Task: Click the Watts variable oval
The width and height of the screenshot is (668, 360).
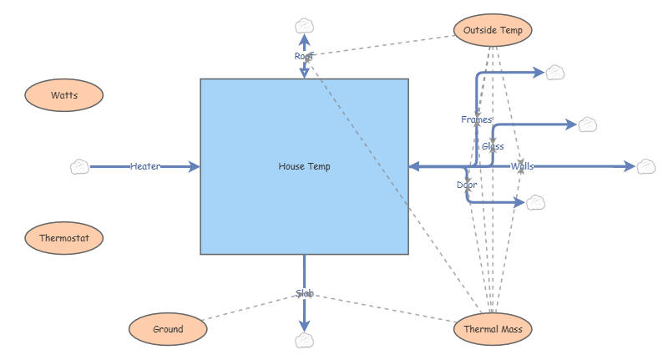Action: click(x=64, y=95)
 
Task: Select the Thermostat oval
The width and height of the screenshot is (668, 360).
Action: click(x=64, y=238)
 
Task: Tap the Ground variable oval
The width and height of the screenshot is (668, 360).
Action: click(x=168, y=329)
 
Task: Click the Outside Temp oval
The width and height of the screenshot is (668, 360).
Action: click(x=493, y=31)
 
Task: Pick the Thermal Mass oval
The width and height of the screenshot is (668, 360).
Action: click(x=493, y=329)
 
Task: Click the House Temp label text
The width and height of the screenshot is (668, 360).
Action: click(x=304, y=166)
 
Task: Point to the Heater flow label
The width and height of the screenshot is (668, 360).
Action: click(x=145, y=166)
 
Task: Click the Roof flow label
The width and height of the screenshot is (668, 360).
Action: click(x=304, y=56)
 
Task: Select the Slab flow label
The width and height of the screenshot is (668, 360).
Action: click(x=304, y=293)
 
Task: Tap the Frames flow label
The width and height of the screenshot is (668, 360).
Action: click(x=477, y=119)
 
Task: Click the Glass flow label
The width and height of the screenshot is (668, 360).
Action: click(x=493, y=146)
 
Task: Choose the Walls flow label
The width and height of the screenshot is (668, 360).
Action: click(x=522, y=166)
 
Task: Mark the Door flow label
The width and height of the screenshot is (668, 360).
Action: click(x=467, y=185)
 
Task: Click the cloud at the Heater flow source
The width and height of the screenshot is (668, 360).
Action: click(x=79, y=166)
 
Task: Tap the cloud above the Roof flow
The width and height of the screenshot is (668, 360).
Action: click(x=304, y=25)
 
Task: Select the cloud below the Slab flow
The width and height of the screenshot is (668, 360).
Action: click(x=304, y=340)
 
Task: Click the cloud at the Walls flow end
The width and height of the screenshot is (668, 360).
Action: click(x=646, y=166)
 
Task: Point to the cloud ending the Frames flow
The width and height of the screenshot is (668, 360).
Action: click(x=555, y=73)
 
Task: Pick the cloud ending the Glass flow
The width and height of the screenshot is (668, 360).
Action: click(x=588, y=124)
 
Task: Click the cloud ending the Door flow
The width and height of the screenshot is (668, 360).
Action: click(x=535, y=202)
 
